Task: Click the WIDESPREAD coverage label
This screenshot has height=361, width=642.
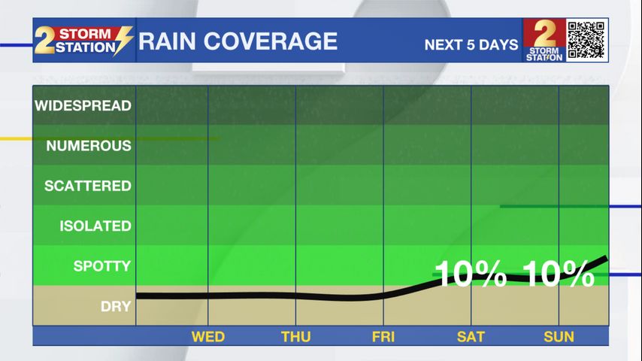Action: pyautogui.click(x=83, y=106)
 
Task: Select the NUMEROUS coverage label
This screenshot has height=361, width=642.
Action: pyautogui.click(x=88, y=146)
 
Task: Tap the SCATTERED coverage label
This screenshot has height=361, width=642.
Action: pyautogui.click(x=87, y=186)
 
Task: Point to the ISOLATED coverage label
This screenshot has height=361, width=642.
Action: pyautogui.click(x=95, y=226)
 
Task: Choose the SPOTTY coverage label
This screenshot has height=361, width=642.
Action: pyautogui.click(x=101, y=265)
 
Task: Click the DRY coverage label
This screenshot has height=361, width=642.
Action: pyautogui.click(x=116, y=306)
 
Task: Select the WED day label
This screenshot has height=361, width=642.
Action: pyautogui.click(x=207, y=337)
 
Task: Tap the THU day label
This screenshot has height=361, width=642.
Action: pyautogui.click(x=295, y=337)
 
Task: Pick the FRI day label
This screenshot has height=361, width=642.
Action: pyautogui.click(x=383, y=337)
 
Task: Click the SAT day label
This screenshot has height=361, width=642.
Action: pyautogui.click(x=471, y=337)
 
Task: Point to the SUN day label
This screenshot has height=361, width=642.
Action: pyautogui.click(x=559, y=337)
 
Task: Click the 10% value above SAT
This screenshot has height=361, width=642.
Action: pyautogui.click(x=471, y=275)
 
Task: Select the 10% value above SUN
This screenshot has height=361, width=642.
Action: pyautogui.click(x=559, y=275)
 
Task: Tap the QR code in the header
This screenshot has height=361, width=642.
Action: pyautogui.click(x=586, y=40)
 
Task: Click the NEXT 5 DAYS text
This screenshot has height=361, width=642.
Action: pyautogui.click(x=471, y=44)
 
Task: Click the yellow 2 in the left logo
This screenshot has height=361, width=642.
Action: pyautogui.click(x=45, y=42)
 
